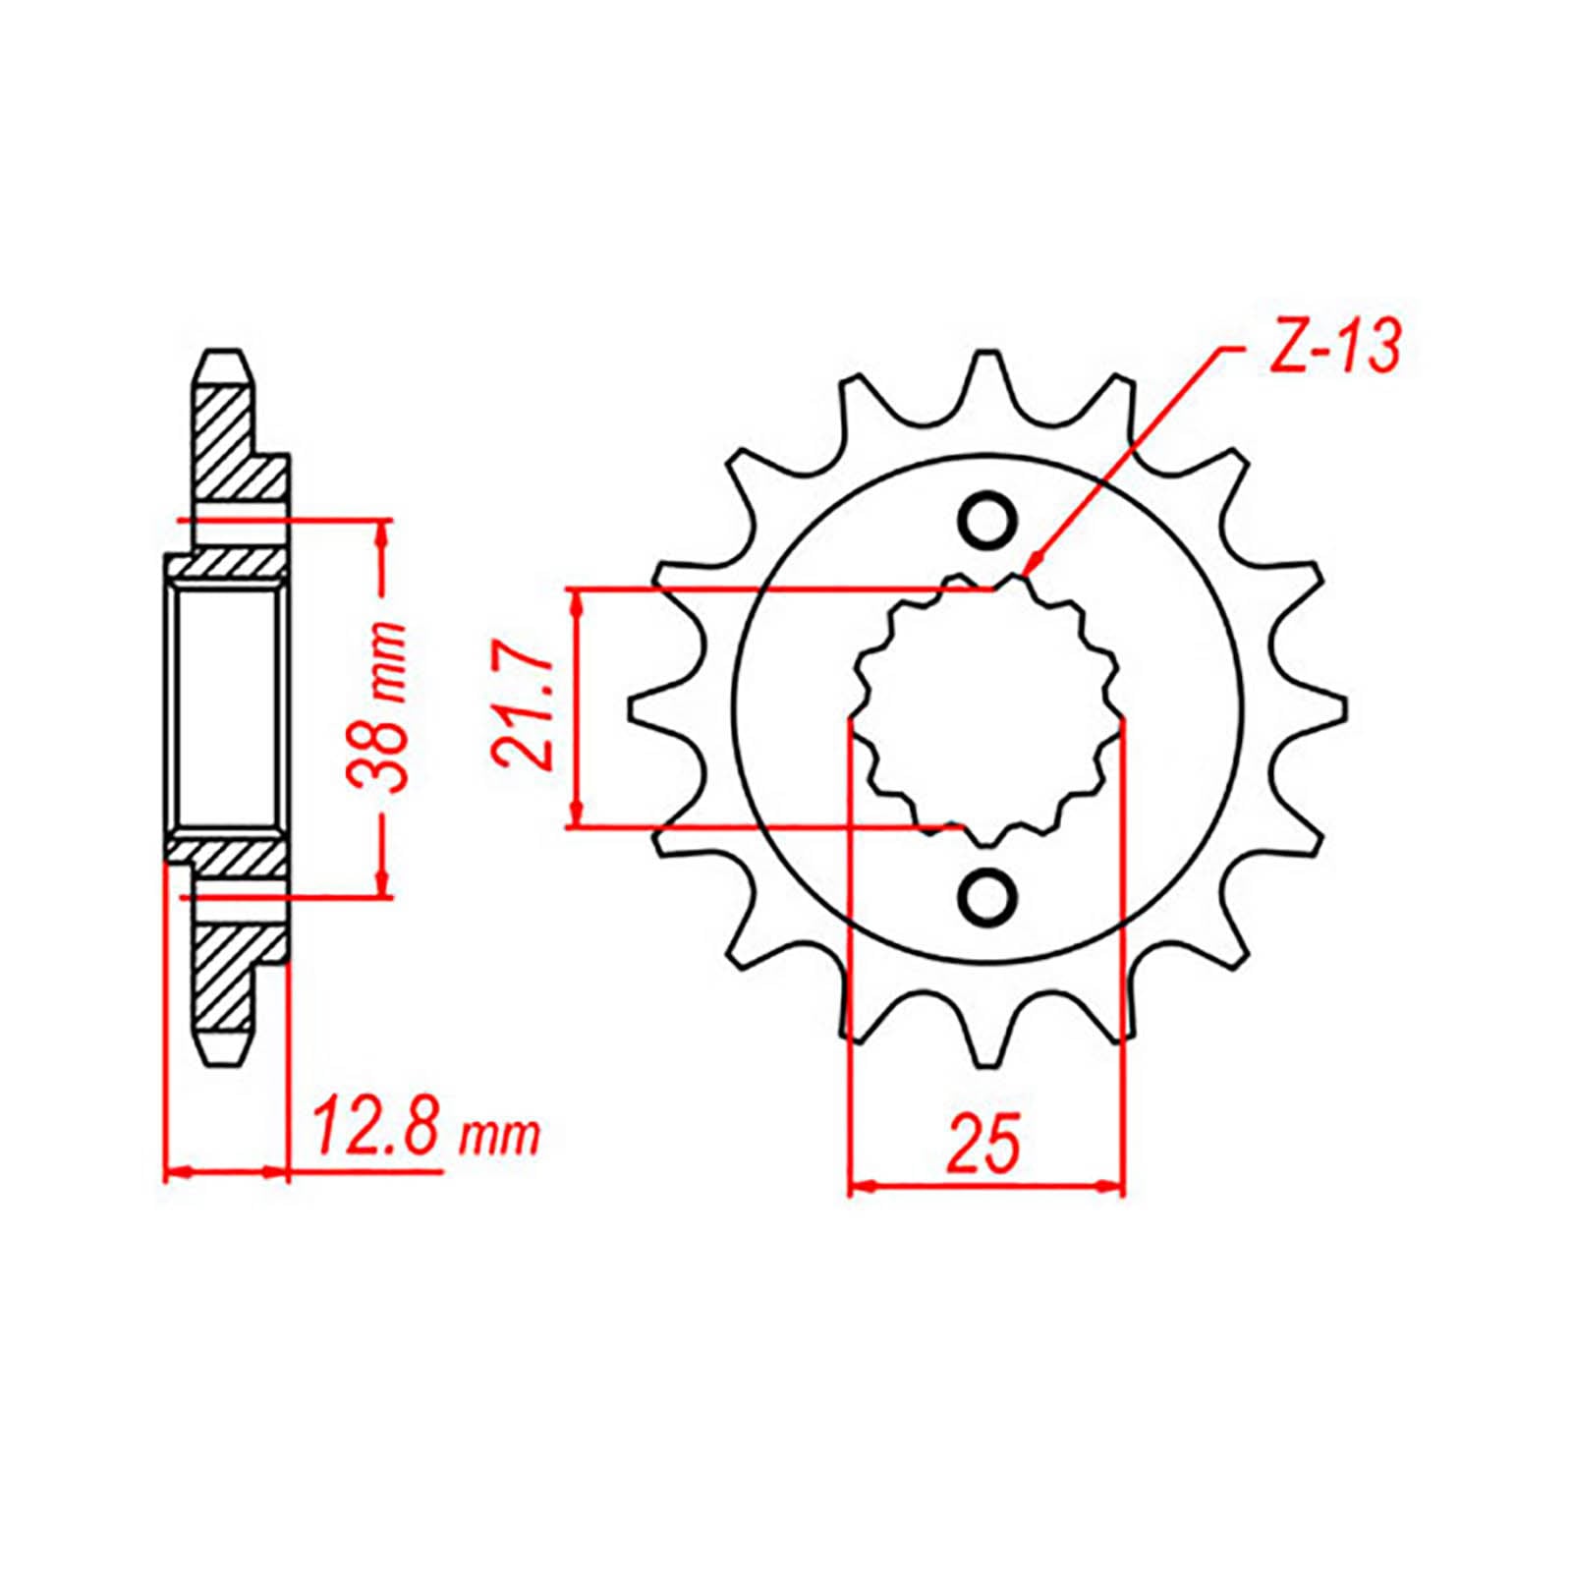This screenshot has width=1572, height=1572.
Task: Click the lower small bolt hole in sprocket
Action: pyautogui.click(x=986, y=894)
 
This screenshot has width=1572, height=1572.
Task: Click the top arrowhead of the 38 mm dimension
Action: pyautogui.click(x=384, y=532)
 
